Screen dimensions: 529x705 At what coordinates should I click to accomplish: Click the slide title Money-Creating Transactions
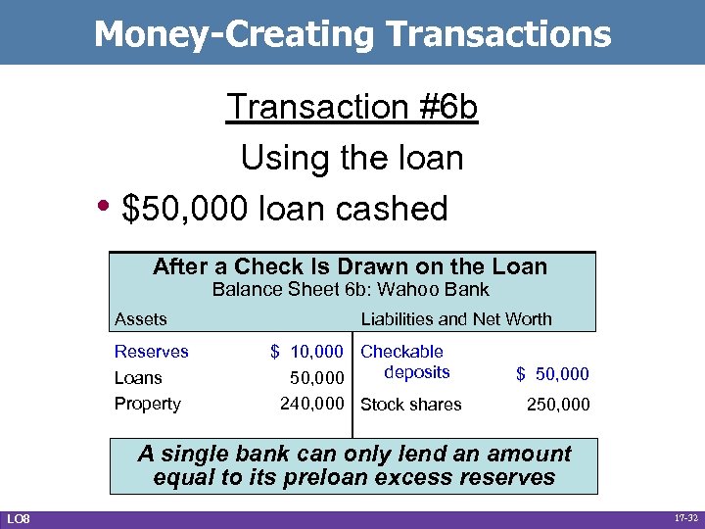click(352, 34)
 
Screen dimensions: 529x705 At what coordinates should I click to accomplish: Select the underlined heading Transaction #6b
click(352, 107)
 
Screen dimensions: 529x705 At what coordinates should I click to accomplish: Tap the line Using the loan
click(352, 158)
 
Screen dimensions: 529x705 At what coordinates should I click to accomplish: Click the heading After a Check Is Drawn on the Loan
click(350, 266)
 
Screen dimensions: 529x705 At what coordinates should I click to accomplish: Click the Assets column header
click(141, 318)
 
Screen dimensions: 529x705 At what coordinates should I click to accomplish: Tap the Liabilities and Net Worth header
click(456, 318)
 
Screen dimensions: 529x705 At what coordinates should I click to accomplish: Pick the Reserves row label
click(152, 352)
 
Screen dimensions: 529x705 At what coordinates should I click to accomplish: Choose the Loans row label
click(138, 377)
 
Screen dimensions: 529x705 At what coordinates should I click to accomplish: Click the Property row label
click(148, 403)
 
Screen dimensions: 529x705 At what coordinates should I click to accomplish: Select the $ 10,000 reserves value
click(306, 352)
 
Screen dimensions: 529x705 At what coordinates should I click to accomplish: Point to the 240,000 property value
click(312, 403)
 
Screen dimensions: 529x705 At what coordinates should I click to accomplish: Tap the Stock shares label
click(411, 404)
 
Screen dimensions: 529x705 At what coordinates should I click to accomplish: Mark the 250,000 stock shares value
click(557, 404)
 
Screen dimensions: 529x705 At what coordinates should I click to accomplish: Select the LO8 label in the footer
click(19, 517)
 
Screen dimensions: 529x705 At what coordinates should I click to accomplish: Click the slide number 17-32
click(683, 517)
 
